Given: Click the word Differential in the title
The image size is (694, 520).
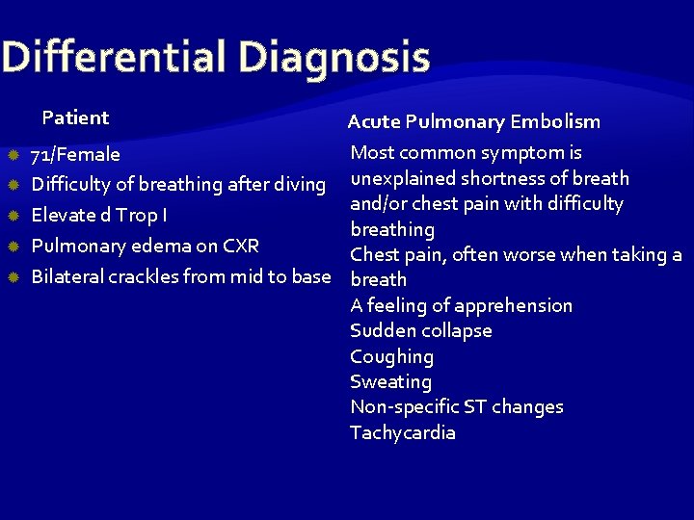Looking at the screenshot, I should (114, 58).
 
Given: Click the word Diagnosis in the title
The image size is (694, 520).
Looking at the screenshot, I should (334, 58).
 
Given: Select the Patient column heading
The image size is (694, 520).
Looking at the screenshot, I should (75, 118).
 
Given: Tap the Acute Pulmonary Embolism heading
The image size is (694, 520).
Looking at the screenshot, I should (473, 121).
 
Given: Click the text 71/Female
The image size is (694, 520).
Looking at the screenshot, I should (76, 154).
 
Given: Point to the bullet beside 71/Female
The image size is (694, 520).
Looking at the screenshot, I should (13, 154).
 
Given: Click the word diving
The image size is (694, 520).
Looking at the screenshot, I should (300, 184).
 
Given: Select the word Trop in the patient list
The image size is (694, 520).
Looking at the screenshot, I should (138, 215).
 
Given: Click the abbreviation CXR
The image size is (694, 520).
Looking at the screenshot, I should (241, 246).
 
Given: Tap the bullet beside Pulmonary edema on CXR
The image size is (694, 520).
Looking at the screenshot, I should (13, 246).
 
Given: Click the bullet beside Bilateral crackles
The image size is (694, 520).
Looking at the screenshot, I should (13, 276).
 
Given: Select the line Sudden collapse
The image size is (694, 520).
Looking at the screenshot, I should (421, 330).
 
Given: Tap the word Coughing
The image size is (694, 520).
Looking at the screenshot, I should (392, 356).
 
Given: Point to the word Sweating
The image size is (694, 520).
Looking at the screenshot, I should (390, 381).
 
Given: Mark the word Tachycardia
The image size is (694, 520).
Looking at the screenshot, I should (403, 432).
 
